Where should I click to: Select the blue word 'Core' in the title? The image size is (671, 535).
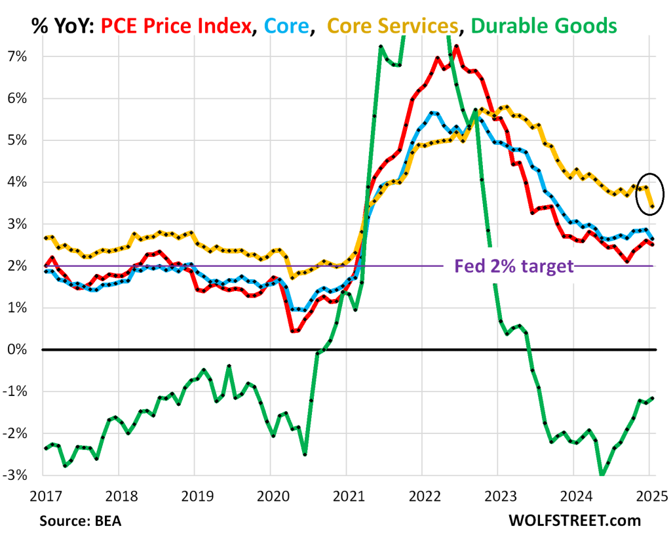coord(282,26)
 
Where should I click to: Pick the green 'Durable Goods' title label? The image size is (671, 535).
coord(543,26)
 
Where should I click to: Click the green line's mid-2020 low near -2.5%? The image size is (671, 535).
coord(305,454)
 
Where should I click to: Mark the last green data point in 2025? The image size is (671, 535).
coord(652,399)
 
